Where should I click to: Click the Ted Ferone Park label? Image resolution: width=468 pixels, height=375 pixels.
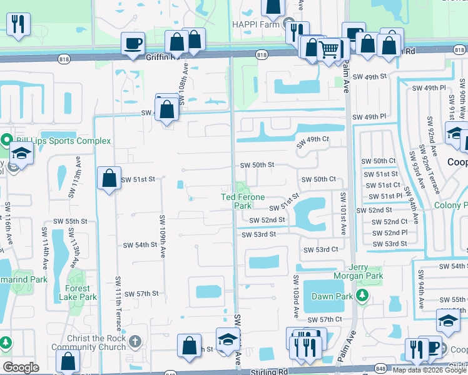237,201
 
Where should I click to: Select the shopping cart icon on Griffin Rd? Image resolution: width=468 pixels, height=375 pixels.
329,48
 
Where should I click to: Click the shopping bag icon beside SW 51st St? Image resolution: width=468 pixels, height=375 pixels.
109,178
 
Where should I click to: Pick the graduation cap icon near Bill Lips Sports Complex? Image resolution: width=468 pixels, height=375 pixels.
21,154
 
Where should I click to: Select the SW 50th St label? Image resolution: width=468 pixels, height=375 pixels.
258,165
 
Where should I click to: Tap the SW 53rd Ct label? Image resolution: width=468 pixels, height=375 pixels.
320,249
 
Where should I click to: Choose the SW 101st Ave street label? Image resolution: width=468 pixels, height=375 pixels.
343,214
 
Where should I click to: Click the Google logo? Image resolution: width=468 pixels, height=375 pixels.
21,367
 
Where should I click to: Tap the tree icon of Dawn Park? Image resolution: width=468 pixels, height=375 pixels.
362,295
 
